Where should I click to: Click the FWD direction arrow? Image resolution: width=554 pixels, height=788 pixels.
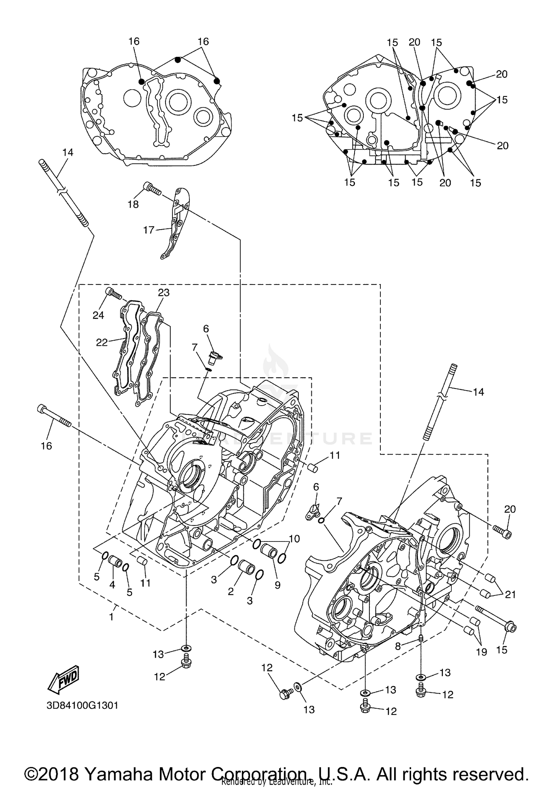point(64,679)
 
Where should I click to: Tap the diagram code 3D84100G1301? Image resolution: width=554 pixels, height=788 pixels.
point(82,705)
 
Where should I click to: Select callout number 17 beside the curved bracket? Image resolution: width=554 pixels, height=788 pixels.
point(148,230)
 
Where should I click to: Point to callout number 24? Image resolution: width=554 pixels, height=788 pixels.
point(98,315)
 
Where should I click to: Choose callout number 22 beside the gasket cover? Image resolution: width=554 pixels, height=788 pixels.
point(102,343)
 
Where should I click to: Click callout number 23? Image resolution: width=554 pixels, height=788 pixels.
point(164,293)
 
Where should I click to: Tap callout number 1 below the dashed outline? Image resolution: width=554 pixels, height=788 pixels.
point(112,617)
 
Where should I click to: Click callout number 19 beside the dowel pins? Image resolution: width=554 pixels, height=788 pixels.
point(481,652)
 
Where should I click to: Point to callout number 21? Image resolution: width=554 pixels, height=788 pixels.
point(510,594)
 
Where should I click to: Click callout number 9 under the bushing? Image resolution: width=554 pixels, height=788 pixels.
point(277,585)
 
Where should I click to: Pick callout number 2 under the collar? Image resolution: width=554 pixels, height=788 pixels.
point(231,592)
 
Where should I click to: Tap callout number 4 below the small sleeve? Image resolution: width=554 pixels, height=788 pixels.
point(112,584)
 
